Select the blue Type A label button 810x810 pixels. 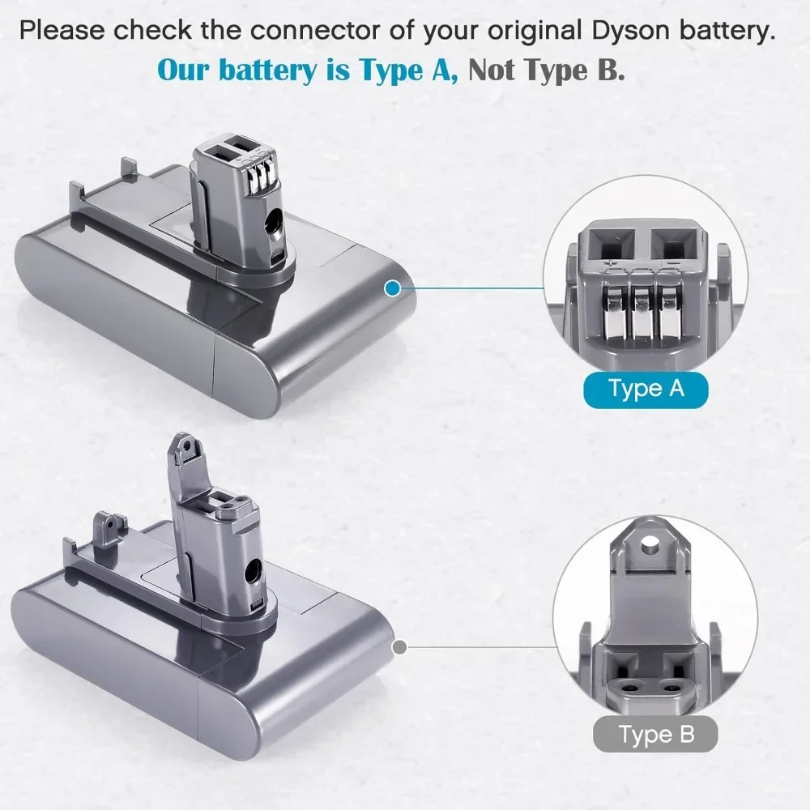pos(646,390)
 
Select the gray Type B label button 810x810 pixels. pos(655,734)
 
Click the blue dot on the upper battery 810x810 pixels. pos(393,288)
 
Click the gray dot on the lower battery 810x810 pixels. pos(399,646)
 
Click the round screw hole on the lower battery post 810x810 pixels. pos(254,571)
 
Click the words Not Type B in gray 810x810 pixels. pos(546,70)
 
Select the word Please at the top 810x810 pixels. pos(62,31)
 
